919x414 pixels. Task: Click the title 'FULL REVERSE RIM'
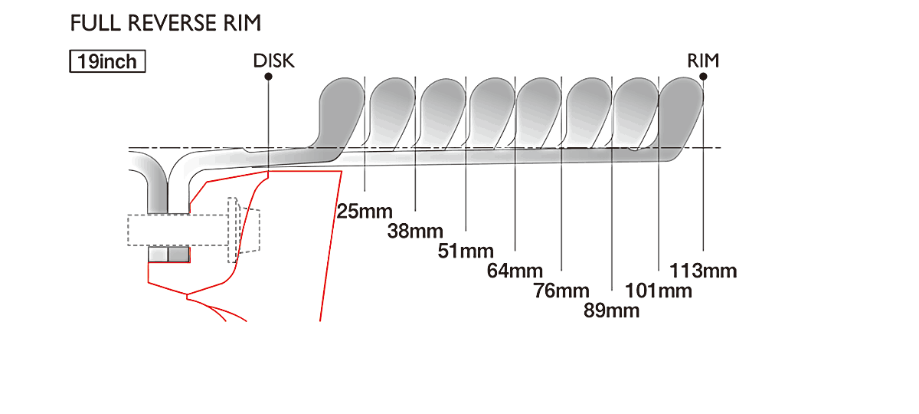[165, 23]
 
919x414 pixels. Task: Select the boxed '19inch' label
[107, 61]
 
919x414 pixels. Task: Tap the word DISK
[273, 61]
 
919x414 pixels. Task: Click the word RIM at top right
[703, 61]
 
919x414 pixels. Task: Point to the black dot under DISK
[268, 77]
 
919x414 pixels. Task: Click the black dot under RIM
[703, 77]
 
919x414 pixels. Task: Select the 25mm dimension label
[365, 212]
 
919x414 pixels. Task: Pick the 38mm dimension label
[415, 232]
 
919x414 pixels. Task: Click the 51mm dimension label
[466, 251]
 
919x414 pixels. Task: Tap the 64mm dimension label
[515, 271]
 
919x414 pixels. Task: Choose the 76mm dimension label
[561, 291]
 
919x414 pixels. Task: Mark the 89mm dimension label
[612, 310]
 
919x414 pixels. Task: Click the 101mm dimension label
[659, 291]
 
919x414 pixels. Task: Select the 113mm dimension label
[703, 271]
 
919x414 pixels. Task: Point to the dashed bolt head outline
[244, 230]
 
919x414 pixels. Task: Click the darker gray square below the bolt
[179, 255]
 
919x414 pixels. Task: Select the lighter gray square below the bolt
[158, 255]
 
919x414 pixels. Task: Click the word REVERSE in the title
[172, 23]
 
